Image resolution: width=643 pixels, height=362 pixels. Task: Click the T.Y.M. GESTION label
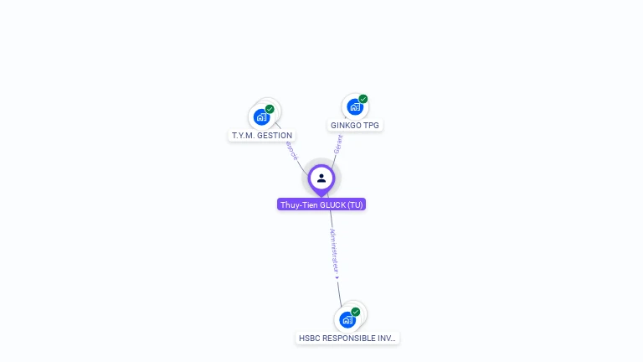pos(262,135)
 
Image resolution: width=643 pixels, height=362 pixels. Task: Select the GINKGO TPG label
pos(354,126)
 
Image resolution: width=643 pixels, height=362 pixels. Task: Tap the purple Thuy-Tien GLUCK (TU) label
pos(321,204)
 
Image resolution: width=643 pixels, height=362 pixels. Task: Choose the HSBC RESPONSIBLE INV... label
pos(348,339)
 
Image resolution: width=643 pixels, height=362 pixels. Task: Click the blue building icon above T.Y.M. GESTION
pos(261,117)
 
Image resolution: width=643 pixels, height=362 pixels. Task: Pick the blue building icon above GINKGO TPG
pos(355,107)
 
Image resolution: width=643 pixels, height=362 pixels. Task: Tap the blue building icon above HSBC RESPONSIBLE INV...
pos(347,320)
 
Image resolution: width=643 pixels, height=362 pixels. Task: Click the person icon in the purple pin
pos(321,178)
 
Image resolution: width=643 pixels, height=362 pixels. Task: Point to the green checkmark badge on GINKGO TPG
pos(363,99)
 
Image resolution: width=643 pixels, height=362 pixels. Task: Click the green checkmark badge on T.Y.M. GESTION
pos(270,109)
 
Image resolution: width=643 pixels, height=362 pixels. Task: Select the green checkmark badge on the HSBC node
pos(356,312)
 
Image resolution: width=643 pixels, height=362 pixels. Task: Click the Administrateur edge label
pos(333,250)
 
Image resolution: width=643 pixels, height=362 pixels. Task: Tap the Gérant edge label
pos(338,143)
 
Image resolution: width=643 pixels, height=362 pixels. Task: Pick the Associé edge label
pos(291,148)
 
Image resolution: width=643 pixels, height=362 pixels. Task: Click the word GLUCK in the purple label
pos(333,204)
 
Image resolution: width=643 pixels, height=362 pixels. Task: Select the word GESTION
pos(275,135)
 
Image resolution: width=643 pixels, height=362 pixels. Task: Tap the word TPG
pos(371,126)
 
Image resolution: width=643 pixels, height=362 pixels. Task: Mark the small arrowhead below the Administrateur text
pos(336,277)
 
